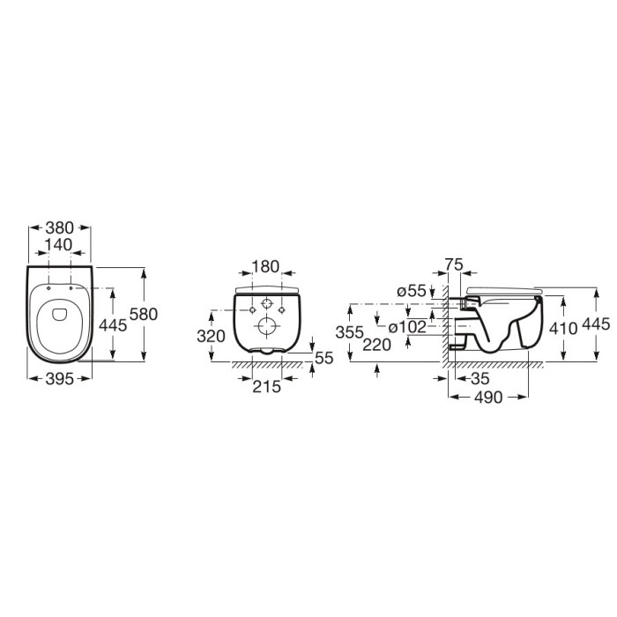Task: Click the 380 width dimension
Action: [59, 227]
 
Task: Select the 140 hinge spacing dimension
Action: [58, 245]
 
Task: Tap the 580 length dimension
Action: [144, 314]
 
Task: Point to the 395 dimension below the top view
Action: [59, 379]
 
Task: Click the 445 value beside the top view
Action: [113, 325]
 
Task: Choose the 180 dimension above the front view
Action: [265, 267]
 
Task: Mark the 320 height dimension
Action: [212, 337]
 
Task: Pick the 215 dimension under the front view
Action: [267, 387]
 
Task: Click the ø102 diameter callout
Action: [407, 327]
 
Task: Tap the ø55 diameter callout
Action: [412, 291]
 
